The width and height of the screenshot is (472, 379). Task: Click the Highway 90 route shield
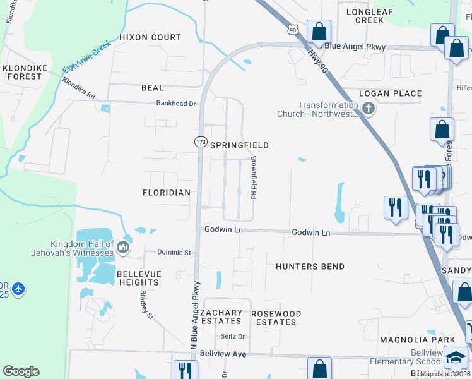click(292, 30)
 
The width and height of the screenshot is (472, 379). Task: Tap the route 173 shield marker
click(200, 142)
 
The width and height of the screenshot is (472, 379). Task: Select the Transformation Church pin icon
click(369, 109)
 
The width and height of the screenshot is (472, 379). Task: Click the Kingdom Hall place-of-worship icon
click(124, 247)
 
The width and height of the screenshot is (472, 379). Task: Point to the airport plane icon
click(19, 289)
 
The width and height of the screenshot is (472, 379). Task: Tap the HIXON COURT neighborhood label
click(150, 37)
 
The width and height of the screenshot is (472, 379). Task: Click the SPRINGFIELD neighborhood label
click(239, 145)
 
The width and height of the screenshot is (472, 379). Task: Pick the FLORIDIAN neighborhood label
click(166, 193)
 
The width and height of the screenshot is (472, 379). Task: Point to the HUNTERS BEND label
click(310, 267)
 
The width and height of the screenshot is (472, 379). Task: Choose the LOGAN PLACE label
click(390, 93)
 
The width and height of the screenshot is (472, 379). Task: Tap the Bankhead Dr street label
click(177, 103)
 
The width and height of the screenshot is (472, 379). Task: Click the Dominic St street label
click(174, 253)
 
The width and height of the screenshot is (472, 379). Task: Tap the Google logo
click(21, 371)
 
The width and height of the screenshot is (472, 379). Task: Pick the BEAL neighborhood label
click(153, 88)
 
